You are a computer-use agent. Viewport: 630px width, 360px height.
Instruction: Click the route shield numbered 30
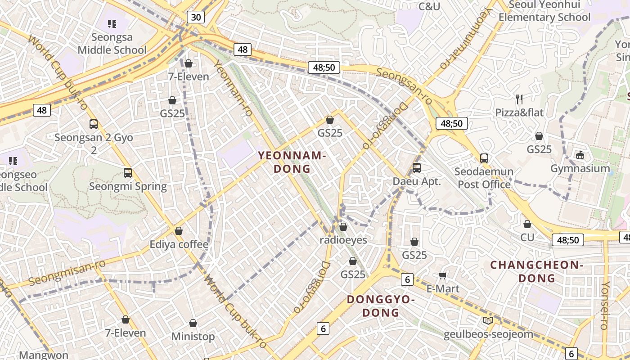click(x=196, y=17)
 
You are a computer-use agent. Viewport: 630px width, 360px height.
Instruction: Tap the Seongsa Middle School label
click(x=112, y=43)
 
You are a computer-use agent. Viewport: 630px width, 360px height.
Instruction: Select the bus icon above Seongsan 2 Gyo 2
click(x=94, y=124)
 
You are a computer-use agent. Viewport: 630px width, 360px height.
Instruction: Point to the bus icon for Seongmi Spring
click(x=128, y=173)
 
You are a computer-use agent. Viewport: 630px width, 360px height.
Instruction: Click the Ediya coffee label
click(x=179, y=244)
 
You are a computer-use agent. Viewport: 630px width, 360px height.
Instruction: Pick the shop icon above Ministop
click(x=193, y=323)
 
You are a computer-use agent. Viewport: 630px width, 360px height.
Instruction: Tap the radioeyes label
click(x=343, y=240)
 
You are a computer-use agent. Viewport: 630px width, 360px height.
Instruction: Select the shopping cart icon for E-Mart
click(x=443, y=275)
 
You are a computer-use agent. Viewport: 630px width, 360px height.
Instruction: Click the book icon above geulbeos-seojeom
click(x=488, y=321)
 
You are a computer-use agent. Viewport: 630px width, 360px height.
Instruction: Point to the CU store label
click(x=527, y=237)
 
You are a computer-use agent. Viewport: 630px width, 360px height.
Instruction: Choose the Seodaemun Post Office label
click(x=484, y=178)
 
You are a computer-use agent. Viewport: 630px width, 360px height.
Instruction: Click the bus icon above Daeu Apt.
click(x=417, y=168)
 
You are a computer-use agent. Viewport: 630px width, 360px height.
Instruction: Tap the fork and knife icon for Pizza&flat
click(x=519, y=99)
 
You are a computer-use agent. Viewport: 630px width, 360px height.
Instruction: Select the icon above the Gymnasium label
click(x=580, y=155)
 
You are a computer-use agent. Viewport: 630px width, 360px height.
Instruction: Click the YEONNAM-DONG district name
click(x=292, y=162)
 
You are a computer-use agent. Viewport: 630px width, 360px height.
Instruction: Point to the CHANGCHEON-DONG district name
click(x=537, y=271)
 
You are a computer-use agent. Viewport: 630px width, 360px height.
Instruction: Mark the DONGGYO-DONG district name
click(x=381, y=306)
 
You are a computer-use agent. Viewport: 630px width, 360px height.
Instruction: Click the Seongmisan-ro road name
click(x=67, y=272)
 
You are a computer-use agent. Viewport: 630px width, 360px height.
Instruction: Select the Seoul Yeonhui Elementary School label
click(x=544, y=11)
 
